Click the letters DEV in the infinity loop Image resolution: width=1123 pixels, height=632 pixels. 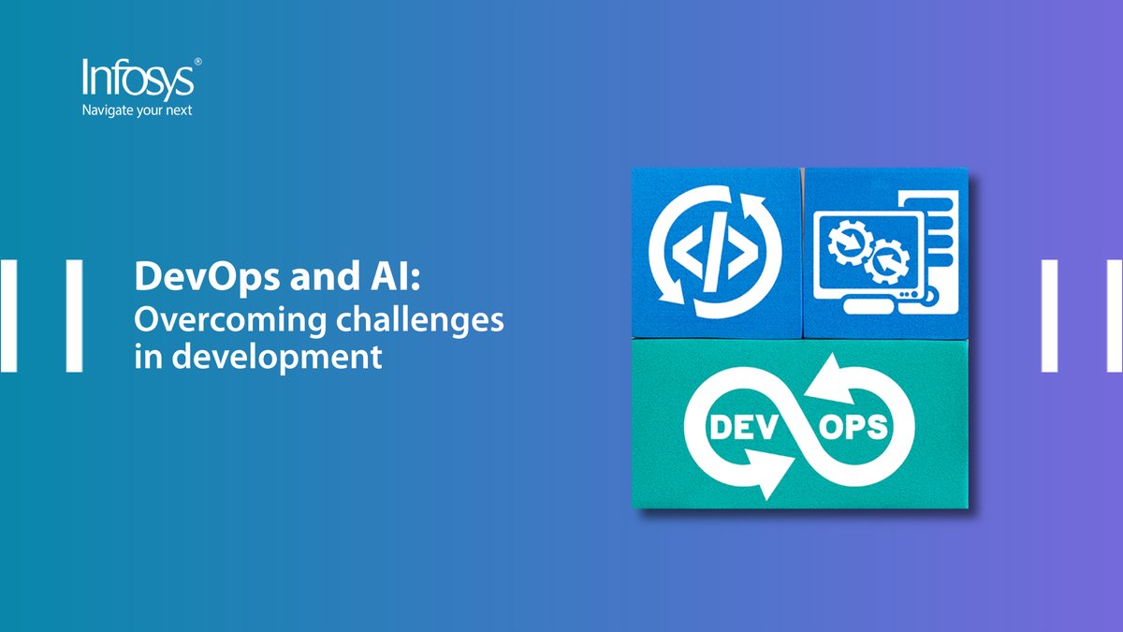pos(739,430)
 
